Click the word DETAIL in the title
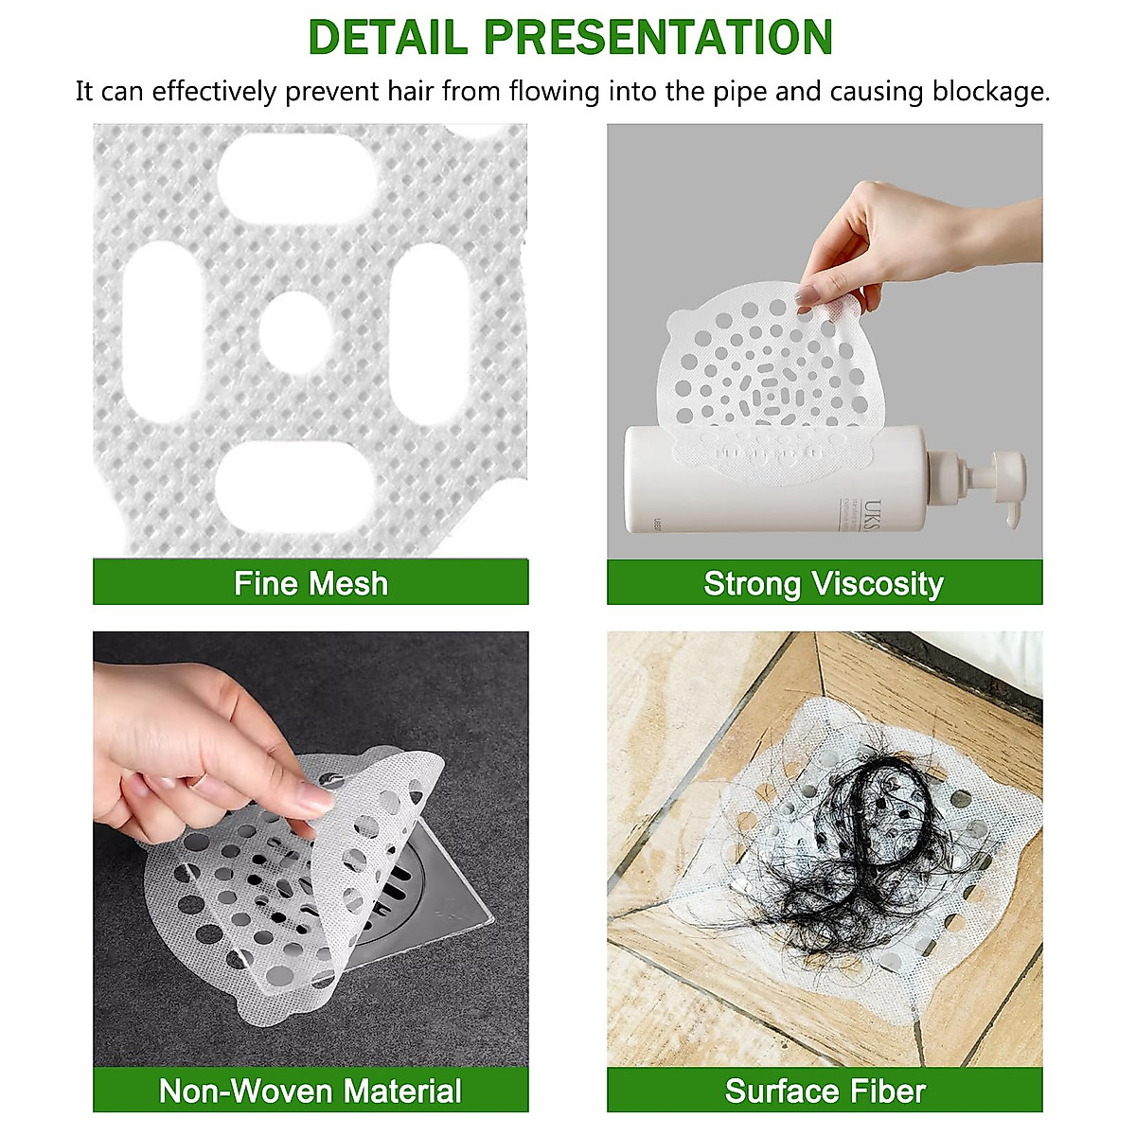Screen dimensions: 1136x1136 pos(388,38)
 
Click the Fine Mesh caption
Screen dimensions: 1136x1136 pos(311,583)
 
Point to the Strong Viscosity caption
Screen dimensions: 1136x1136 pos(824,583)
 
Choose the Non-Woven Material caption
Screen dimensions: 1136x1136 pos(311,1091)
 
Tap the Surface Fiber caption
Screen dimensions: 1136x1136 pos(825,1091)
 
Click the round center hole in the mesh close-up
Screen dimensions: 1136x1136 pos(296,332)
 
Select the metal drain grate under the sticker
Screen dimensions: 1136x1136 pos(417,890)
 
